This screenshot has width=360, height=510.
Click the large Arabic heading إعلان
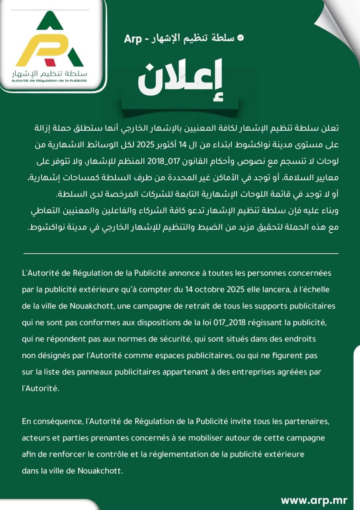tap(180, 78)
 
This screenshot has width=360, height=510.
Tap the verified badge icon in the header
tap(240, 38)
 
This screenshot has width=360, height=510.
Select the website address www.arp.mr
tap(314, 500)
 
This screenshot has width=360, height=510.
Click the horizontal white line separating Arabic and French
tap(181, 253)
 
